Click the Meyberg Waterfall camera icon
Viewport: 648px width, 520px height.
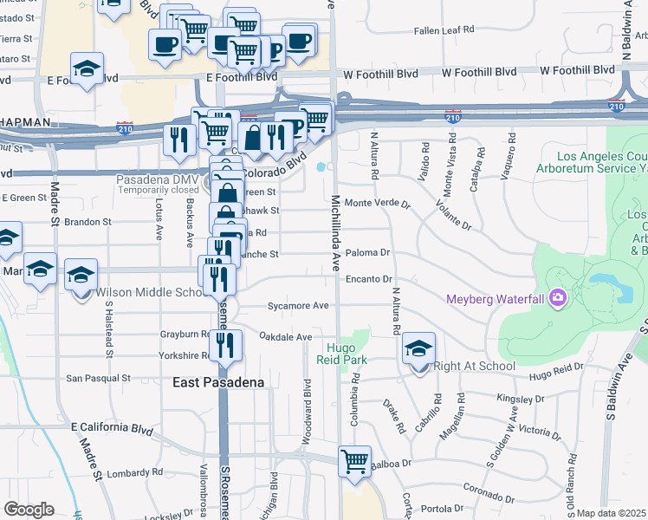[x=557, y=299]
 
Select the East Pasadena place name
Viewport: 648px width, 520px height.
[x=217, y=382]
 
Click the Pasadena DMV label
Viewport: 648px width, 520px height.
[x=159, y=179]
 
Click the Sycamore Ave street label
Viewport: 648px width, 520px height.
[x=298, y=306]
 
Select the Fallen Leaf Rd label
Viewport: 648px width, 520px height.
[x=444, y=29]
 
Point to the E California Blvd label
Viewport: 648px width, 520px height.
[x=112, y=429]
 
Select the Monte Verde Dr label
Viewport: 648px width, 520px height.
[x=377, y=203]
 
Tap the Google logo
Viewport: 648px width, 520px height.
[x=29, y=510]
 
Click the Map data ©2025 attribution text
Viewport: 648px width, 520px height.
[x=612, y=513]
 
